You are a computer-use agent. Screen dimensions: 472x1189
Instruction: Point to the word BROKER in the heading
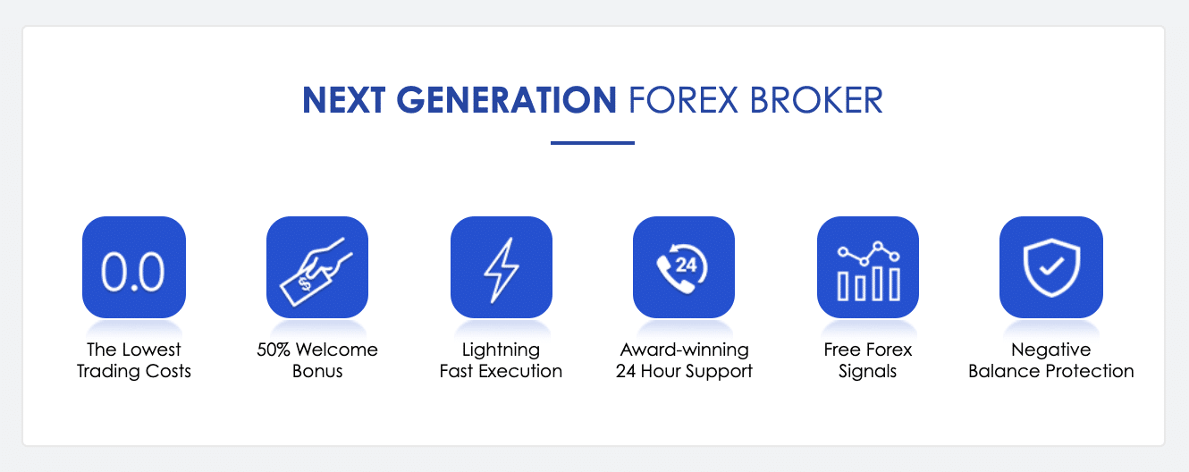(x=816, y=100)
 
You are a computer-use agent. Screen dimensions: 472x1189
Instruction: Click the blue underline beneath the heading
(x=593, y=142)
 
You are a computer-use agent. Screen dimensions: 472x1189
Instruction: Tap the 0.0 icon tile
(x=133, y=267)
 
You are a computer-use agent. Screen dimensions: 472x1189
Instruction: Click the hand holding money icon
(x=317, y=267)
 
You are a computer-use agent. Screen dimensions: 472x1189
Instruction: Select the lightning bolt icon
(x=501, y=267)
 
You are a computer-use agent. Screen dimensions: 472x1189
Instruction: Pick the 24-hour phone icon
(x=684, y=267)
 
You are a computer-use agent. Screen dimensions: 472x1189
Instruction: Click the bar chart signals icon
(x=868, y=267)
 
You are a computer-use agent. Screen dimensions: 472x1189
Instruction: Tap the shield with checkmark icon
(x=1050, y=267)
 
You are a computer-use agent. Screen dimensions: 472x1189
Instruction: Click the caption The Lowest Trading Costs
(x=133, y=360)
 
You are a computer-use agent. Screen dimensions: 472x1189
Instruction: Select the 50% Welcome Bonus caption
(x=317, y=360)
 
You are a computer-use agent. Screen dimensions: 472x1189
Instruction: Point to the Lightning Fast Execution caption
(x=501, y=360)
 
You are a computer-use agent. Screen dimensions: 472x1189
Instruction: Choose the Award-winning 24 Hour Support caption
(x=684, y=360)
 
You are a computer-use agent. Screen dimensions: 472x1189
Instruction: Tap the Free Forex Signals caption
(x=868, y=360)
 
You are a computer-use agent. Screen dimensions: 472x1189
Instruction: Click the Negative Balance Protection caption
(x=1050, y=360)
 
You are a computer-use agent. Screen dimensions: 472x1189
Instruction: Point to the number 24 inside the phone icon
(x=687, y=265)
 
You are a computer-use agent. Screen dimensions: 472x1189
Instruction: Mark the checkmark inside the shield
(x=1051, y=266)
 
